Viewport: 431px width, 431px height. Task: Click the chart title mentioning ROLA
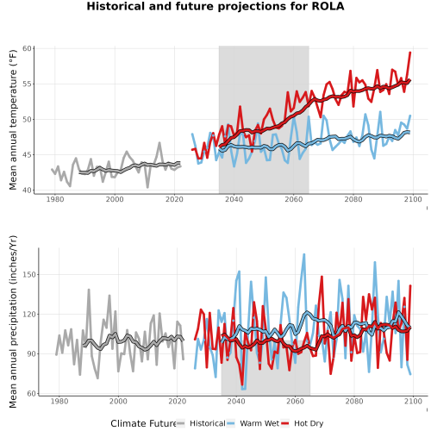pyautogui.click(x=215, y=6)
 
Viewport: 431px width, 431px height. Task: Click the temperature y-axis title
pyautogui.click(x=13, y=118)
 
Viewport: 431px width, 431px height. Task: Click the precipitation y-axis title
pyautogui.click(x=13, y=322)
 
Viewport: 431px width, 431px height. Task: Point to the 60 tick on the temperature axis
pyautogui.click(x=27, y=48)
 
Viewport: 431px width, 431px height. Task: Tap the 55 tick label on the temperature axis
pyautogui.click(x=27, y=84)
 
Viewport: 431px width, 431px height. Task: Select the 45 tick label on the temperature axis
pyautogui.click(x=27, y=155)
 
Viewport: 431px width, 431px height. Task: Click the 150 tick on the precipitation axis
pyautogui.click(x=29, y=274)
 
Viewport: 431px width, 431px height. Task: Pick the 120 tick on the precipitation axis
pyautogui.click(x=29, y=314)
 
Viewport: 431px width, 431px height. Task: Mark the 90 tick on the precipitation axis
pyautogui.click(x=31, y=353)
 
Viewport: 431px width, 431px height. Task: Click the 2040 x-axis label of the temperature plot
pyautogui.click(x=234, y=199)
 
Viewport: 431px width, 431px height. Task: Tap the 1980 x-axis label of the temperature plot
pyautogui.click(x=55, y=199)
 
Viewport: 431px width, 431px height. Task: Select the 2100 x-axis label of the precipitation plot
pyautogui.click(x=413, y=401)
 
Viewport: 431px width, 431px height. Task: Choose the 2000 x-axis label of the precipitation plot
pyautogui.click(x=118, y=401)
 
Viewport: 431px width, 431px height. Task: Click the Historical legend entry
pyautogui.click(x=201, y=423)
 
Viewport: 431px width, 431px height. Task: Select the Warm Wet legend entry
pyautogui.click(x=253, y=423)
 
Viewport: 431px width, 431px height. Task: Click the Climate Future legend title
pyautogui.click(x=143, y=423)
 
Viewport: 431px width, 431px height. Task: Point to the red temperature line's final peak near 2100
pyautogui.click(x=410, y=53)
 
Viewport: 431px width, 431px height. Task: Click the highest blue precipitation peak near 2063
pyautogui.click(x=304, y=254)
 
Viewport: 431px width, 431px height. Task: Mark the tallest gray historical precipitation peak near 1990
pyautogui.click(x=89, y=290)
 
